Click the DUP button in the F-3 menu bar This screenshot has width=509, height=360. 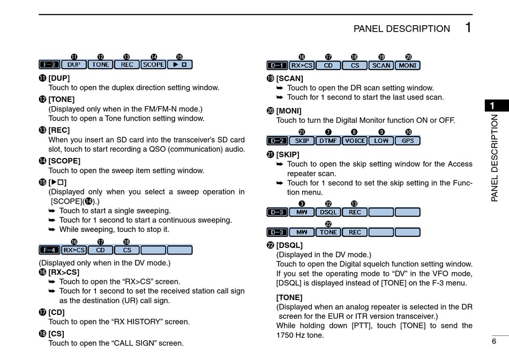tap(74, 65)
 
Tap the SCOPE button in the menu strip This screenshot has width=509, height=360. tap(154, 65)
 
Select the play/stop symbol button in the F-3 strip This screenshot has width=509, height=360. tap(180, 65)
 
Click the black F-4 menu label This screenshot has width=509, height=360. tap(50, 250)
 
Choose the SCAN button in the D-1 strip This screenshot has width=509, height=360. tap(381, 65)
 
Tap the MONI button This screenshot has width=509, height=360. tap(408, 65)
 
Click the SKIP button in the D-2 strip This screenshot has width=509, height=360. tap(302, 141)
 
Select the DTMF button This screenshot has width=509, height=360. tap(328, 141)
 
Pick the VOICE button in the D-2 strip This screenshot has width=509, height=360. tap(355, 141)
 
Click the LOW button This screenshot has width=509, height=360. tap(381, 141)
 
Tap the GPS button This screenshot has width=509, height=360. tap(408, 141)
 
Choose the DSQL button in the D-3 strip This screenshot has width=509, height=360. tap(328, 212)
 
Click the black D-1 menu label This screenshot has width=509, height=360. tap(277, 65)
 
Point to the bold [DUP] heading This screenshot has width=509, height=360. tap(59, 78)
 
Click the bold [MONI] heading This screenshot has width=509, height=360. tap(289, 111)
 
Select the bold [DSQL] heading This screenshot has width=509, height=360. tap(289, 245)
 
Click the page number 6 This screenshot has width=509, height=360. tap(494, 341)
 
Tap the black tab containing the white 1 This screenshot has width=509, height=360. tap(497, 106)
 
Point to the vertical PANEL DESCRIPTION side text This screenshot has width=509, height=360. tap(495, 158)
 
